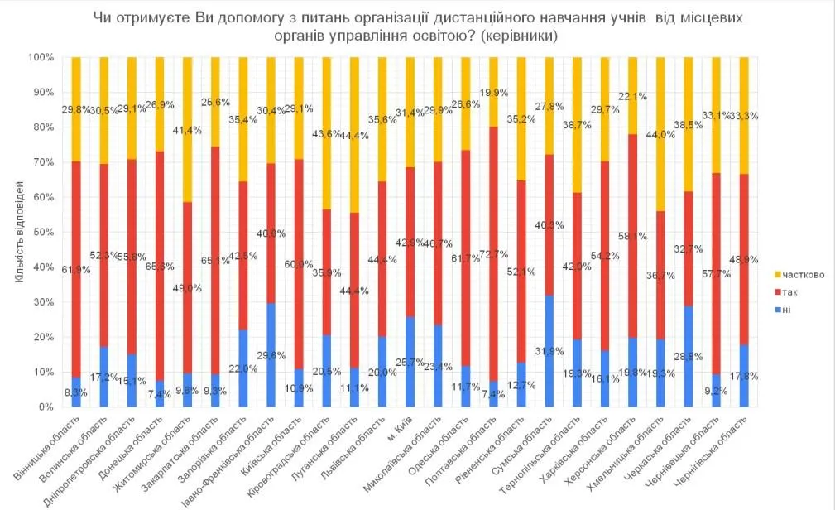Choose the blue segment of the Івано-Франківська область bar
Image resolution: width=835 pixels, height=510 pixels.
click(x=271, y=355)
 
